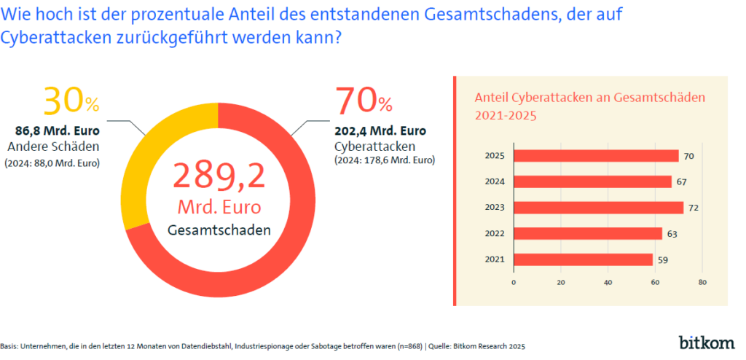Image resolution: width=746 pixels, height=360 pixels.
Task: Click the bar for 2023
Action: pos(598,208)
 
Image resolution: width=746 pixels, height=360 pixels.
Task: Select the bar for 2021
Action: pos(583,259)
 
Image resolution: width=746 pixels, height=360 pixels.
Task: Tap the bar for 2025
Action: pos(596,155)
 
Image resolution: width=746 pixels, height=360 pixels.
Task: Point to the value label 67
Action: pos(683,181)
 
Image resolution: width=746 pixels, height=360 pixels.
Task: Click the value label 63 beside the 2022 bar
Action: pos(673,234)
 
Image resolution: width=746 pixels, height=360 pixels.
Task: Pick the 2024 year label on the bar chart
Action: pos(495,181)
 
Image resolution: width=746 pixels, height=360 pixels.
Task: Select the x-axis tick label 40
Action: pos(608,281)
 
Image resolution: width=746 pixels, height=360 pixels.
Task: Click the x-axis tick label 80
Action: pos(702,281)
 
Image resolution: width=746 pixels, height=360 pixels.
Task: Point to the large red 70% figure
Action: pos(363,101)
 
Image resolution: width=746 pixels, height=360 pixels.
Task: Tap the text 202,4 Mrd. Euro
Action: pos(380,132)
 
